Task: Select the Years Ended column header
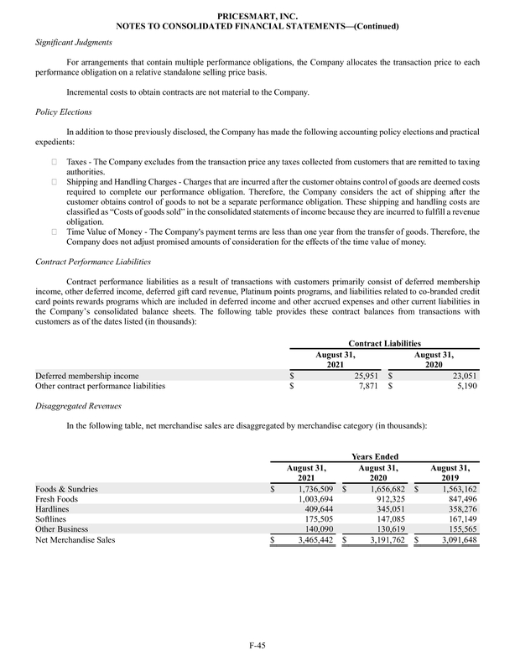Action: (374, 455)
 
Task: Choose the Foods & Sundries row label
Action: (66, 488)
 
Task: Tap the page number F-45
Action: (257, 646)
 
